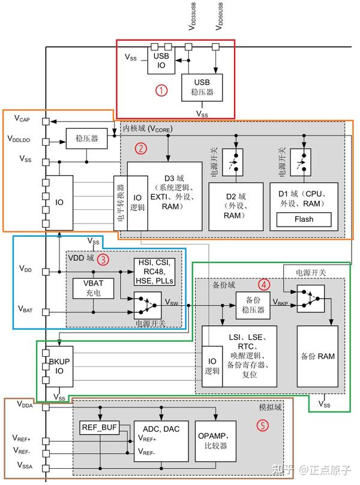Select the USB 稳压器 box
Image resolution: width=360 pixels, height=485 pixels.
pos(202,88)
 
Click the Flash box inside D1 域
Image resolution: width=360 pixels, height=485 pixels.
pos(304,219)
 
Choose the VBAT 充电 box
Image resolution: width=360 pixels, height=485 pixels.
pos(92,290)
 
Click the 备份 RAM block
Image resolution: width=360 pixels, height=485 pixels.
pos(318,356)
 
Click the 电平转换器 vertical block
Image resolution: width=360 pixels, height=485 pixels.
pos(120,203)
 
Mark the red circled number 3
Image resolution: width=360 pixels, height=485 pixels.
pos(104,260)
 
